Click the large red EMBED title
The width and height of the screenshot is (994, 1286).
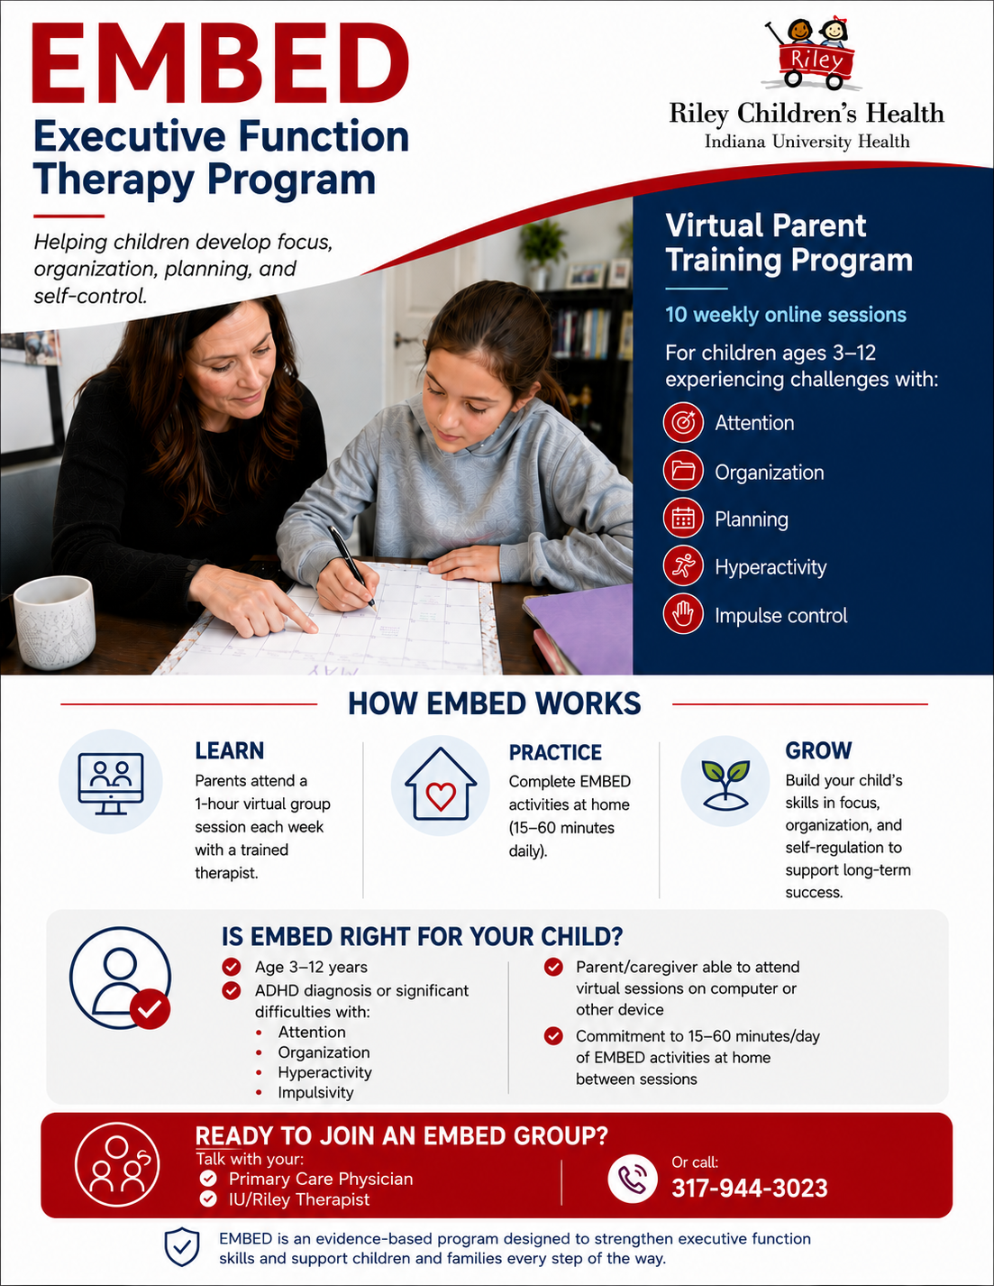pyautogui.click(x=220, y=65)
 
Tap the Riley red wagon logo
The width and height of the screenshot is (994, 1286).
pyautogui.click(x=809, y=54)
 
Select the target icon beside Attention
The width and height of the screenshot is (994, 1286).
pyautogui.click(x=683, y=423)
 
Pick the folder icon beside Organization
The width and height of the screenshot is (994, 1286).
pyautogui.click(x=683, y=471)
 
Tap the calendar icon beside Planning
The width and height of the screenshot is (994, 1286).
pyautogui.click(x=683, y=519)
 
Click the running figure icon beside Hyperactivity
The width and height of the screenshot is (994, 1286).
pyautogui.click(x=683, y=566)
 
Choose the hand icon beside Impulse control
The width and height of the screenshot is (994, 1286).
pyautogui.click(x=683, y=614)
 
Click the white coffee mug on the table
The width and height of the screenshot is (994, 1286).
pyautogui.click(x=54, y=621)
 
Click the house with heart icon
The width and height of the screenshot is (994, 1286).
pyautogui.click(x=441, y=785)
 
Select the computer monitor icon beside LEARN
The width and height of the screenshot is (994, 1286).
pyautogui.click(x=111, y=784)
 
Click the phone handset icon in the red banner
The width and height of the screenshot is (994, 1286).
pyautogui.click(x=632, y=1180)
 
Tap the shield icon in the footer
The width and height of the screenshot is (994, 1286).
pyautogui.click(x=181, y=1247)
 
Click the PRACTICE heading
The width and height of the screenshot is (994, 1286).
pyautogui.click(x=555, y=752)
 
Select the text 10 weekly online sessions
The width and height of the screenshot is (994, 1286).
pyautogui.click(x=785, y=314)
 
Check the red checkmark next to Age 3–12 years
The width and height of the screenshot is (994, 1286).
pyautogui.click(x=232, y=967)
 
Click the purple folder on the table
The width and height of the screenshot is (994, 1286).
pyautogui.click(x=579, y=629)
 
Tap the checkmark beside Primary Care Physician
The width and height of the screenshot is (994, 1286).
pyautogui.click(x=208, y=1179)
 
